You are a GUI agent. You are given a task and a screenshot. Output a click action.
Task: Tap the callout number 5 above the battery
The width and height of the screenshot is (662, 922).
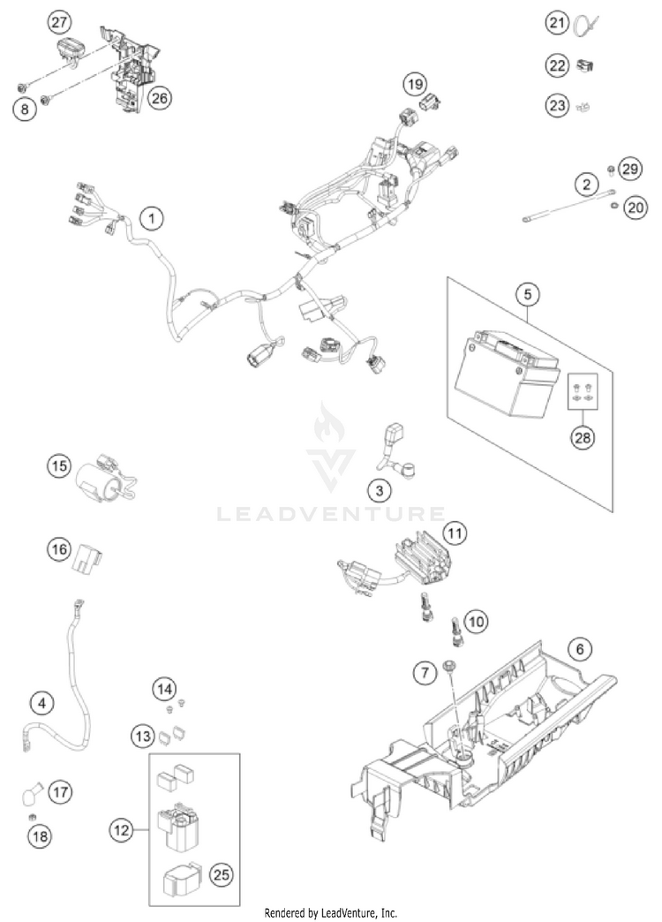527,292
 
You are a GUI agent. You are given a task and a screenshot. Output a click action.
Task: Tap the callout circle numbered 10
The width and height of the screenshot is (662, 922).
476,623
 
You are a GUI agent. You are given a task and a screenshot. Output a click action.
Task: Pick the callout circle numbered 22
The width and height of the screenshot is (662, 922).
555,64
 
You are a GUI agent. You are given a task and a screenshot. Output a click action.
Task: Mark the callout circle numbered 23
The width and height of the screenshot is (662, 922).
555,106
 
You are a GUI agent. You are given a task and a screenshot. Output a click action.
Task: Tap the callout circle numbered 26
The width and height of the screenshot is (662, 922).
159,97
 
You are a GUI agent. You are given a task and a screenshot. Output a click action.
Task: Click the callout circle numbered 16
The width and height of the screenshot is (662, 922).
58,549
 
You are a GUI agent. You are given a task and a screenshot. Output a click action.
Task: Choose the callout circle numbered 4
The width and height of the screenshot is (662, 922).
40,703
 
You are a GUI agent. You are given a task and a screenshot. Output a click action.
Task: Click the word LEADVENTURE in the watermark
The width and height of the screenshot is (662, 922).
331,513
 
